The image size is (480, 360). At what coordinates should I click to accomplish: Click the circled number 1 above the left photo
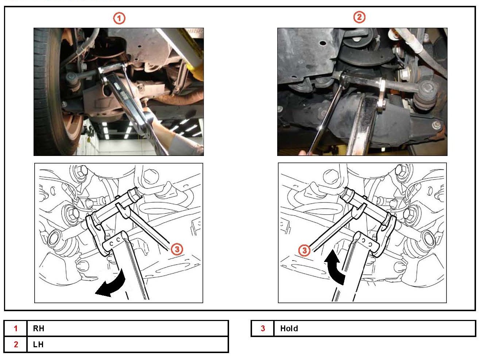[119, 18]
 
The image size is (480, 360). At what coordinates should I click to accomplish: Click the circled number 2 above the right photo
[359, 17]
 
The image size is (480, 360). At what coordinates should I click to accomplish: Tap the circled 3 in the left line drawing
[177, 250]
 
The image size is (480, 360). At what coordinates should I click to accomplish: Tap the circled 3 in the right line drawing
[304, 250]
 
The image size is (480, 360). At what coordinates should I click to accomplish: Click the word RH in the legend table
[39, 328]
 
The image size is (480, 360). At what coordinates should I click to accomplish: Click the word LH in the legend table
[38, 344]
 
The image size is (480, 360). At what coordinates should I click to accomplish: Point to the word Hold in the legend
[289, 328]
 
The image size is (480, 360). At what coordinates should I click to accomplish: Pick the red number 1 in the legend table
[16, 328]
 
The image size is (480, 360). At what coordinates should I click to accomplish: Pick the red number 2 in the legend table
[16, 344]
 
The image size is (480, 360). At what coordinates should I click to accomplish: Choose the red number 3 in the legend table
[263, 328]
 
